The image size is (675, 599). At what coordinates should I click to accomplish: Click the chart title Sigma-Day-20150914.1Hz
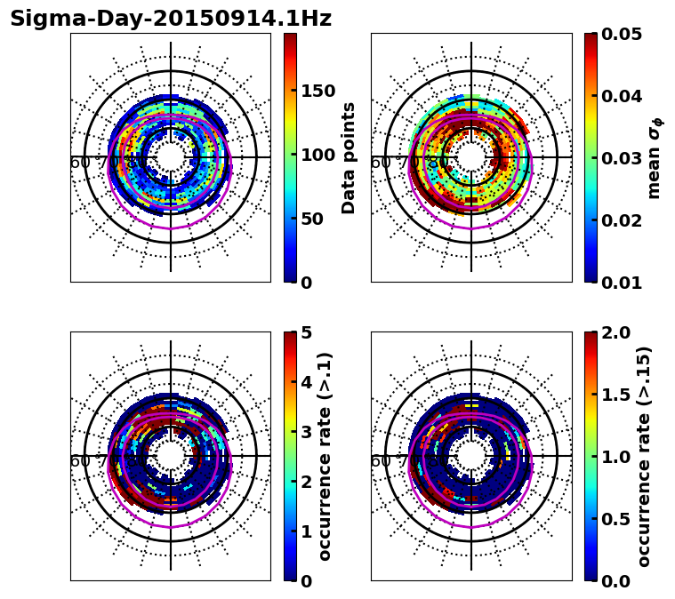pyautogui.click(x=171, y=19)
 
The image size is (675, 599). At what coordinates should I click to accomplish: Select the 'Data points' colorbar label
pyautogui.click(x=349, y=157)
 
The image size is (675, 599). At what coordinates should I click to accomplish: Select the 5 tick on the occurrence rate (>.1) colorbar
pyautogui.click(x=307, y=332)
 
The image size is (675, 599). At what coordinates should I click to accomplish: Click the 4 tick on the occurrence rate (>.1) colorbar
pyautogui.click(x=307, y=382)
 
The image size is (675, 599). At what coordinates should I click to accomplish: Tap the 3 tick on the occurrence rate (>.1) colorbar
pyautogui.click(x=307, y=432)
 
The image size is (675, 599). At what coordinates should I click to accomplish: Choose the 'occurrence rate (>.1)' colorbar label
pyautogui.click(x=325, y=456)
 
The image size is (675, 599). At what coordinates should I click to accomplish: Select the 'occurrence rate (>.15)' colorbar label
pyautogui.click(x=644, y=456)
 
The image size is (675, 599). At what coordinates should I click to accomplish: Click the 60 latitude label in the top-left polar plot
pyautogui.click(x=79, y=163)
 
